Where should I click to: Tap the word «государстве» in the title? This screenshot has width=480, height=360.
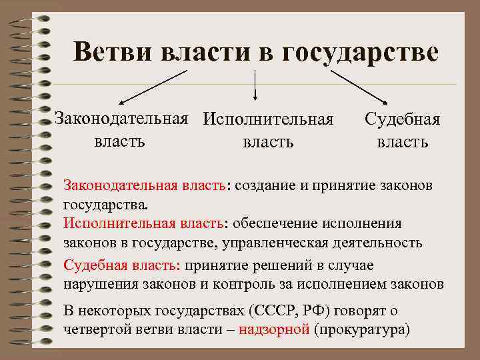pyautogui.click(x=361, y=51)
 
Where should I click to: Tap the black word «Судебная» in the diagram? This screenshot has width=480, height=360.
pyautogui.click(x=402, y=120)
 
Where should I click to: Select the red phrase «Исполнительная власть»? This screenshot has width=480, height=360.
pyautogui.click(x=143, y=223)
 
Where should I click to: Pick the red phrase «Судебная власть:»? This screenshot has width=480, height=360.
pyautogui.click(x=121, y=265)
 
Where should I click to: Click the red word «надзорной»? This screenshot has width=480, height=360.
pyautogui.click(x=273, y=329)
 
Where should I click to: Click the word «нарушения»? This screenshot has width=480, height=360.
pyautogui.click(x=101, y=284)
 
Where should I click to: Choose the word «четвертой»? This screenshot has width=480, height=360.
pyautogui.click(x=99, y=329)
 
